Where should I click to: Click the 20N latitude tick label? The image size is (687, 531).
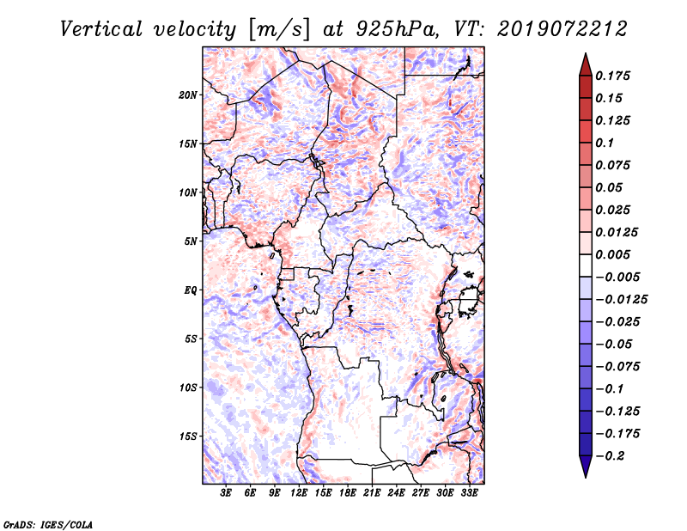click(x=188, y=95)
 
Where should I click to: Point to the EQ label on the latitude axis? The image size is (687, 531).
click(x=190, y=290)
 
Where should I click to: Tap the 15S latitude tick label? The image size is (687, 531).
click(x=188, y=436)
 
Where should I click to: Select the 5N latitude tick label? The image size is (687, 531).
click(x=190, y=241)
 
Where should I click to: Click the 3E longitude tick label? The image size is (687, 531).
click(x=226, y=494)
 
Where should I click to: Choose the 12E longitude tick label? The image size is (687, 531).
click(x=299, y=494)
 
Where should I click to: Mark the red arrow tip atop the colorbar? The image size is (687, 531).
click(x=585, y=58)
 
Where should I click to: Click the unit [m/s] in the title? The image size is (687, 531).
click(x=276, y=29)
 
